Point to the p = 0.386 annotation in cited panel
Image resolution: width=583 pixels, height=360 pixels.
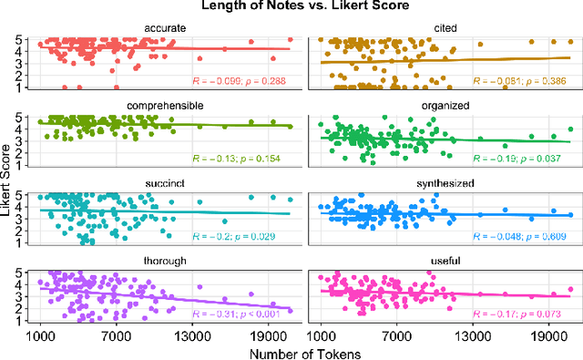pos(547,81)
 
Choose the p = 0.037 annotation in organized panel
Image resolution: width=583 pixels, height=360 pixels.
pos(547,159)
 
